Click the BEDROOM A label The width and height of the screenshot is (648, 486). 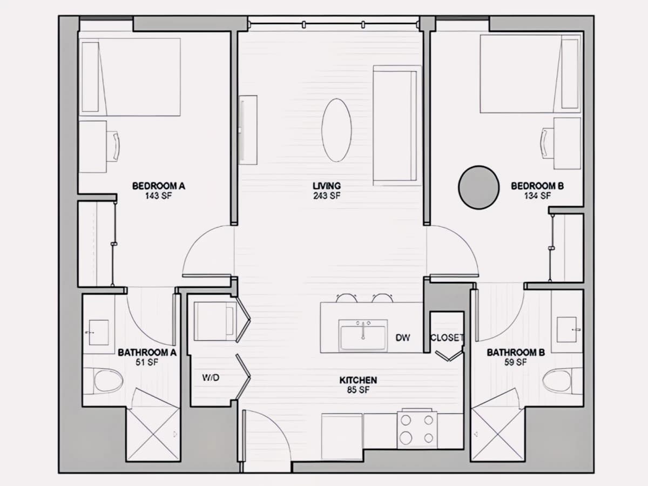(x=159, y=186)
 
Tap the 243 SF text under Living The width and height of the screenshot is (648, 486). (x=327, y=195)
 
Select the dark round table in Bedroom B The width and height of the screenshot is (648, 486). (x=478, y=187)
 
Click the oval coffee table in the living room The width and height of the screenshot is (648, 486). (x=336, y=130)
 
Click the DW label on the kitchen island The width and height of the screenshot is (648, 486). (x=403, y=338)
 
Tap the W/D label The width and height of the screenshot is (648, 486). (x=211, y=377)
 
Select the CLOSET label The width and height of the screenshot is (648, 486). (x=447, y=337)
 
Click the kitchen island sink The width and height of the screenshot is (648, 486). (x=363, y=336)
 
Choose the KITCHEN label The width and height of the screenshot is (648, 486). (x=358, y=380)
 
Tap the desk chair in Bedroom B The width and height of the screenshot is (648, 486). (x=548, y=143)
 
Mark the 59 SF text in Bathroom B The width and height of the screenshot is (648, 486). (x=516, y=362)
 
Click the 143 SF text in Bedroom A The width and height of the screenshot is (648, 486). (x=158, y=195)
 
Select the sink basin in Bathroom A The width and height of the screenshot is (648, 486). (x=99, y=332)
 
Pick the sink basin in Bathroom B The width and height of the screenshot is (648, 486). (x=566, y=329)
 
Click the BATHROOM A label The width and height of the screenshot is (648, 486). (x=147, y=352)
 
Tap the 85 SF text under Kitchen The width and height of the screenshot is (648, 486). (x=358, y=390)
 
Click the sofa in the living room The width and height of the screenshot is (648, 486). (x=397, y=126)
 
